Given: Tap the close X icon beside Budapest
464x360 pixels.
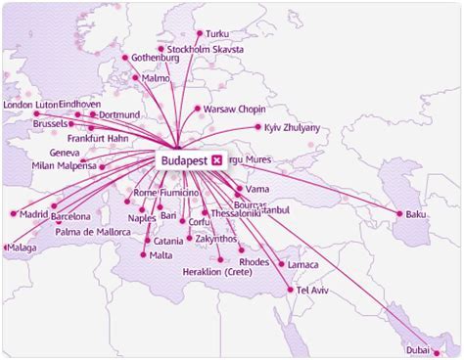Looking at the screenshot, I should [216, 158].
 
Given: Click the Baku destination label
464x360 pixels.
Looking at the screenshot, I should [417, 214].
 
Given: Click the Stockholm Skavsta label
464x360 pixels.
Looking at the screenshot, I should [207, 48].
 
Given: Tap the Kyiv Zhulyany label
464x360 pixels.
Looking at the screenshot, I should [296, 127].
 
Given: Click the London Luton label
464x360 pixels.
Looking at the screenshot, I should [31, 104].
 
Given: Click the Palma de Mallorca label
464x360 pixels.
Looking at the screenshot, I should [94, 232].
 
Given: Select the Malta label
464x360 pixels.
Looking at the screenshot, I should [161, 255].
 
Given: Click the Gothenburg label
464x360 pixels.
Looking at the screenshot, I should [156, 58].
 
